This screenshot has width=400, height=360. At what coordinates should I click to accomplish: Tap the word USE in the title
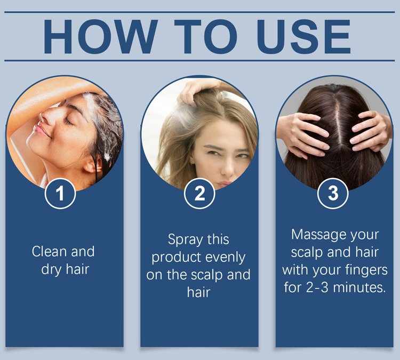(303, 36)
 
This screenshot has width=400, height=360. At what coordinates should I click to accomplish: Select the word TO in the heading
(206, 36)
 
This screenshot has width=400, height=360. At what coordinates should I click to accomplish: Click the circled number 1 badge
(60, 193)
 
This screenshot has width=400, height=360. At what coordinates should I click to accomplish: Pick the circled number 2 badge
(199, 193)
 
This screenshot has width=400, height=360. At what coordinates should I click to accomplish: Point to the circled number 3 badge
(333, 193)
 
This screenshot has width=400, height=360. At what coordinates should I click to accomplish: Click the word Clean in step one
(49, 251)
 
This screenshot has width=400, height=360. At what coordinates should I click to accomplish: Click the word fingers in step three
(366, 270)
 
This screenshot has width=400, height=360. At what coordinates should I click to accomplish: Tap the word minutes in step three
(359, 287)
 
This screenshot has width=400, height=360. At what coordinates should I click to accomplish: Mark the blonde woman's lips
(225, 184)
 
